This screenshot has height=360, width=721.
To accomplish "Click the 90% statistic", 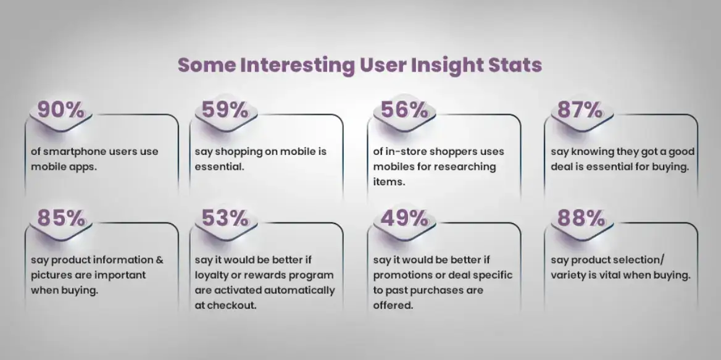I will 60,110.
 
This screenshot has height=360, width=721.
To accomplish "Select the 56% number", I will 404,110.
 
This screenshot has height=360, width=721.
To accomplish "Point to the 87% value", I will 580,110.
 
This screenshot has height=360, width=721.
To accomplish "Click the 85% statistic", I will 60,218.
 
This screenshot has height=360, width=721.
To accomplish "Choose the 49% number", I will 404,218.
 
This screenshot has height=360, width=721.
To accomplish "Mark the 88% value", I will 580,218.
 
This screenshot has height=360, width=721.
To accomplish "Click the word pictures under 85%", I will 52,275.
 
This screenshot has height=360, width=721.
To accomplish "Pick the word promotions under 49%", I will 401,275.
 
